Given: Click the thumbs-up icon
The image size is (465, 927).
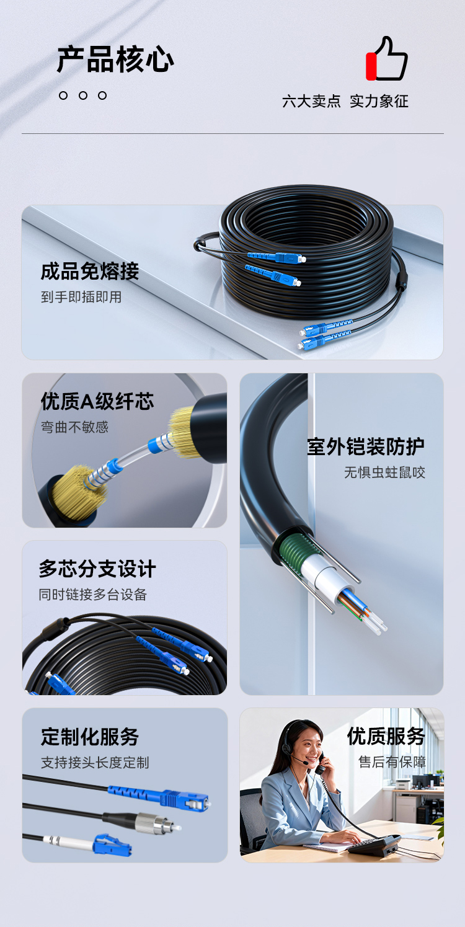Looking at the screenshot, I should (x=387, y=60).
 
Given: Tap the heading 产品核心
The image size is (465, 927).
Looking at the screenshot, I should (x=115, y=60).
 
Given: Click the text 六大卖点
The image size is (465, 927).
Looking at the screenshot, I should (x=311, y=101).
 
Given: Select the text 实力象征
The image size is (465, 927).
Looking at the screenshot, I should (x=379, y=101).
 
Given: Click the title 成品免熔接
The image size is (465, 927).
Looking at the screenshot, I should (x=90, y=271).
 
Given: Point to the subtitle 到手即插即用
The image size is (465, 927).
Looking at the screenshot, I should (x=81, y=297).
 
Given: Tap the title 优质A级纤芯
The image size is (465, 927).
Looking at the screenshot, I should (x=97, y=401).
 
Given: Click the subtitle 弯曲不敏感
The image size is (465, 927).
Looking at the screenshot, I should (x=74, y=427).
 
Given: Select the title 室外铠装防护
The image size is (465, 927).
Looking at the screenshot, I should (x=366, y=446).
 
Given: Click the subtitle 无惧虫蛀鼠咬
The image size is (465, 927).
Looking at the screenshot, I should (x=384, y=472).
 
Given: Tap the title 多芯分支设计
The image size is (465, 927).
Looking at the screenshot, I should (x=97, y=569).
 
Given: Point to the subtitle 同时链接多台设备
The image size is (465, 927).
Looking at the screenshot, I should (x=93, y=595).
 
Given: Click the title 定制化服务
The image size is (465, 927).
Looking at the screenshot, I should (x=90, y=737).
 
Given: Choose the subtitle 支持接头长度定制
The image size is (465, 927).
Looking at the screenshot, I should (x=95, y=763).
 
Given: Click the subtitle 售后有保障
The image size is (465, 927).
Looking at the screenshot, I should (x=392, y=762).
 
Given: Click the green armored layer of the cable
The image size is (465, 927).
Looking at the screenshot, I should (x=295, y=552).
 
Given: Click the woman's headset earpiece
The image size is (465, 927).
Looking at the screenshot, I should (x=287, y=748).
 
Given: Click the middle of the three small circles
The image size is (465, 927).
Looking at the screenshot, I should (x=82, y=95).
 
